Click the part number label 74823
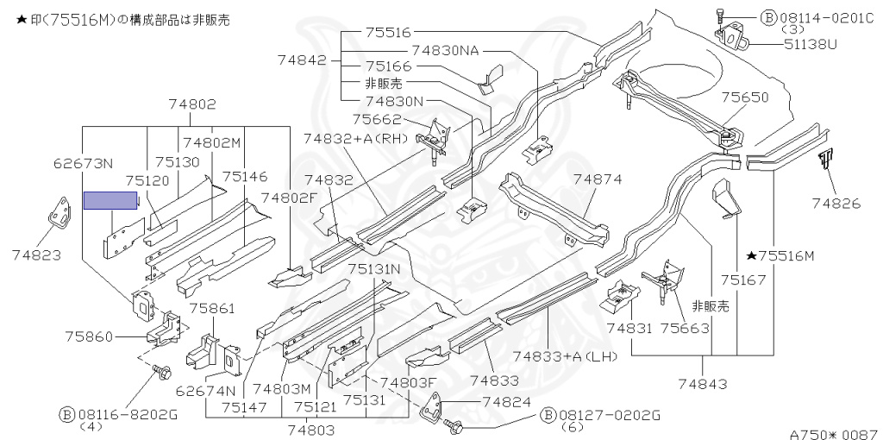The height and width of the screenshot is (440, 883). pyautogui.click(x=36, y=255)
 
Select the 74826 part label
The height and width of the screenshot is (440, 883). pyautogui.click(x=836, y=203)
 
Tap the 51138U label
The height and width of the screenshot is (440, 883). pyautogui.click(x=811, y=43)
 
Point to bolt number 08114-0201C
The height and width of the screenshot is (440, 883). pyautogui.click(x=817, y=18)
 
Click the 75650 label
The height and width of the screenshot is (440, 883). pyautogui.click(x=744, y=97)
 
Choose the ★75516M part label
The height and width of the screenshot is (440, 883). pyautogui.click(x=780, y=256)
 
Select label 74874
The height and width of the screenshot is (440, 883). pyautogui.click(x=598, y=179)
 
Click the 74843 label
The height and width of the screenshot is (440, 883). pyautogui.click(x=703, y=384)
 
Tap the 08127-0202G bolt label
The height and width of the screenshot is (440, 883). pyautogui.click(x=600, y=416)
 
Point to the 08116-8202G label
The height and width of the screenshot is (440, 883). pyautogui.click(x=118, y=415)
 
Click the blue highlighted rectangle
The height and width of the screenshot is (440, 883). pyautogui.click(x=110, y=200)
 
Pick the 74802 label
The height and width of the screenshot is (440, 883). pyautogui.click(x=192, y=104)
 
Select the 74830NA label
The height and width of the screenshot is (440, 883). pyautogui.click(x=446, y=50)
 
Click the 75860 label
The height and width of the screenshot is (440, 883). pyautogui.click(x=89, y=336)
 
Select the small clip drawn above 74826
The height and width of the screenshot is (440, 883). pyautogui.click(x=826, y=160)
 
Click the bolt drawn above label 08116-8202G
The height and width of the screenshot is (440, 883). pyautogui.click(x=161, y=371)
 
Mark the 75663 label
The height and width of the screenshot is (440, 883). pyautogui.click(x=685, y=327)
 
